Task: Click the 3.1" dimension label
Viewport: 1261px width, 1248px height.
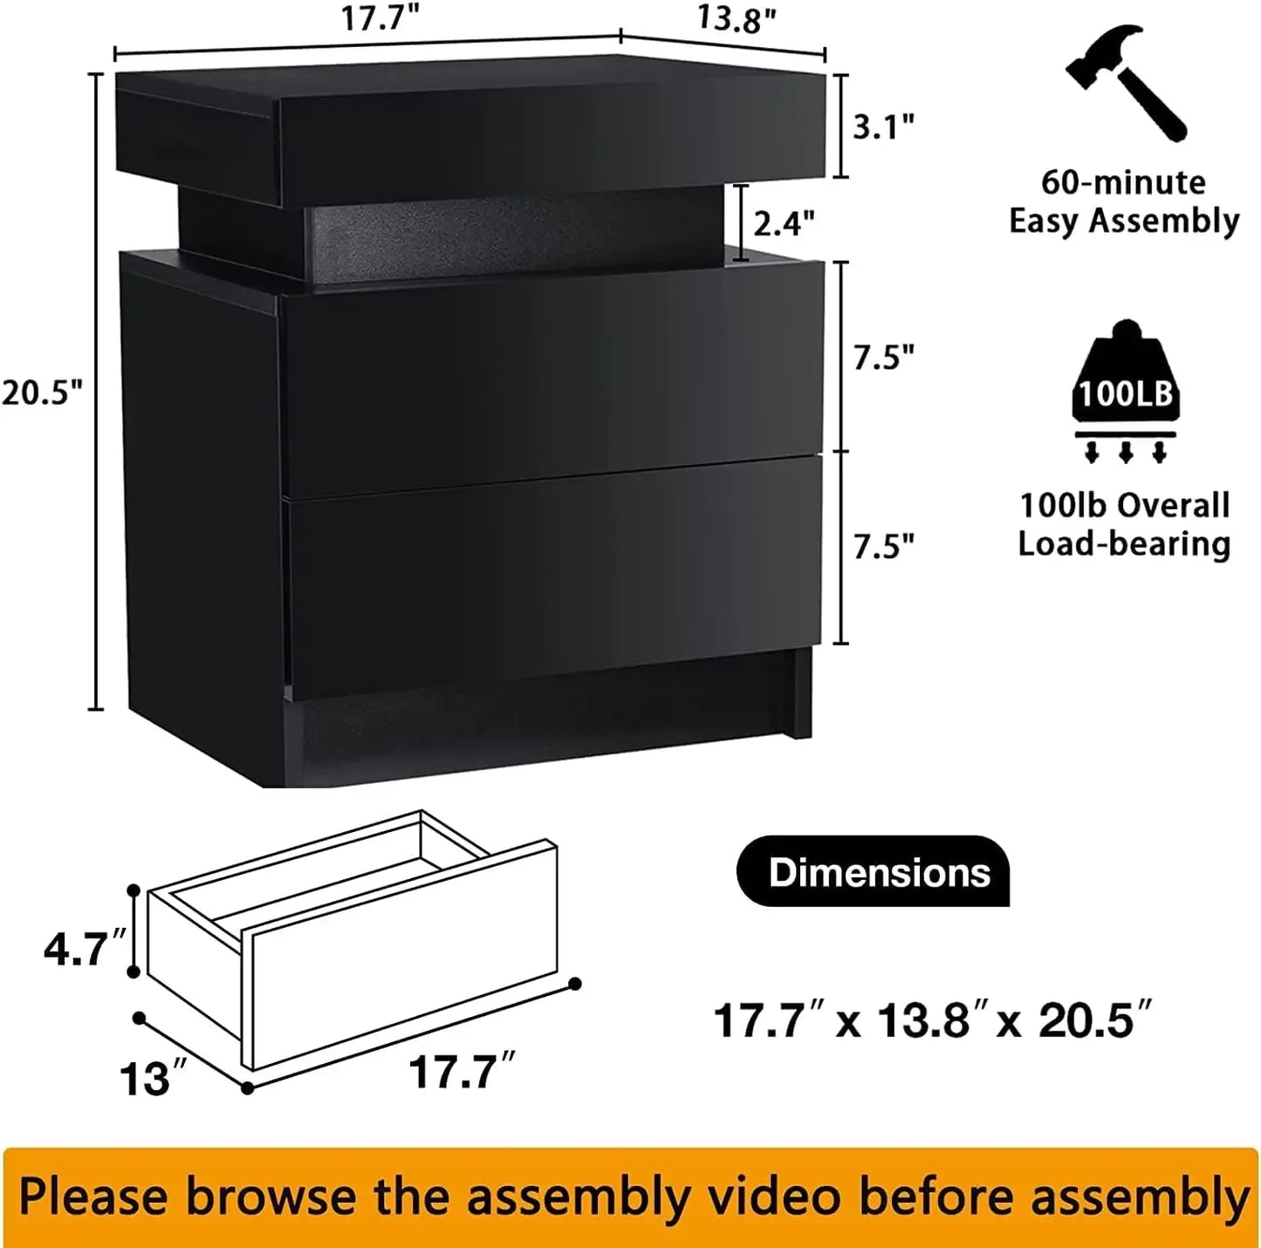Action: click(883, 127)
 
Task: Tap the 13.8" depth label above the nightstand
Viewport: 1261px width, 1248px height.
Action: click(737, 19)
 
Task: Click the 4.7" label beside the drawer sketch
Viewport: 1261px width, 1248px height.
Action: click(86, 948)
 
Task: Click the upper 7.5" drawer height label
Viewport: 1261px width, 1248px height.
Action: click(883, 358)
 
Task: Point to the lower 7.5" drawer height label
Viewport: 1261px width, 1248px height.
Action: click(883, 547)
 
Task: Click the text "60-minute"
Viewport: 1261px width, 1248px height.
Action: click(1124, 182)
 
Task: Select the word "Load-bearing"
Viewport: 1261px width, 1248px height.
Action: click(1124, 543)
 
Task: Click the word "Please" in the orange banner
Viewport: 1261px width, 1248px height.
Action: click(95, 1197)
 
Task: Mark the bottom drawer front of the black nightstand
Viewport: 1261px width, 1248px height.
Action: click(554, 576)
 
